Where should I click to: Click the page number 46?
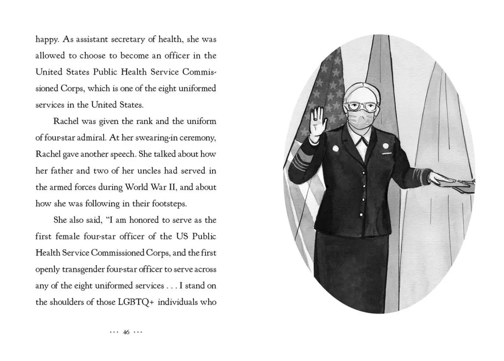coord(126,332)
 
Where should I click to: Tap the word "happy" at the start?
coord(47,40)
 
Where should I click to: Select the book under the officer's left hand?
coord(463,185)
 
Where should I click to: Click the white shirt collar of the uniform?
coord(363,143)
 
